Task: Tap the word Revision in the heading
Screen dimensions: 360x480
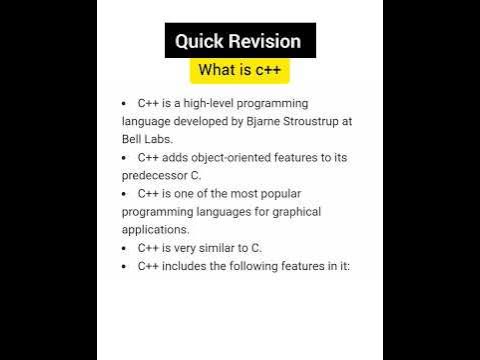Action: pyautogui.click(x=262, y=41)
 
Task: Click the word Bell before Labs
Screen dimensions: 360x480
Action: pyautogui.click(x=134, y=139)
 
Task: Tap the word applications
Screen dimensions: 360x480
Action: pyautogui.click(x=154, y=230)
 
